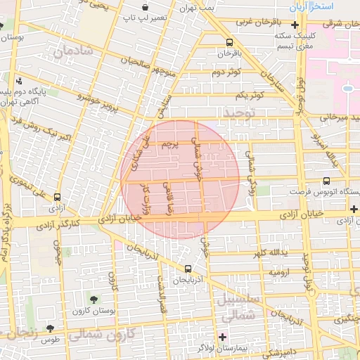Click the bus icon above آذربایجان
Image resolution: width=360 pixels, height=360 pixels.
(x=188, y=268)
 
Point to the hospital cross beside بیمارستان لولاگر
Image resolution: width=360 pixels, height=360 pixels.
(x=223, y=337)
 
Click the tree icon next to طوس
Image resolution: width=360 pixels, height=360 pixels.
(x=50, y=328)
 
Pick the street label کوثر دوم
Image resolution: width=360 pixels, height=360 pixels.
(x=226, y=72)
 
